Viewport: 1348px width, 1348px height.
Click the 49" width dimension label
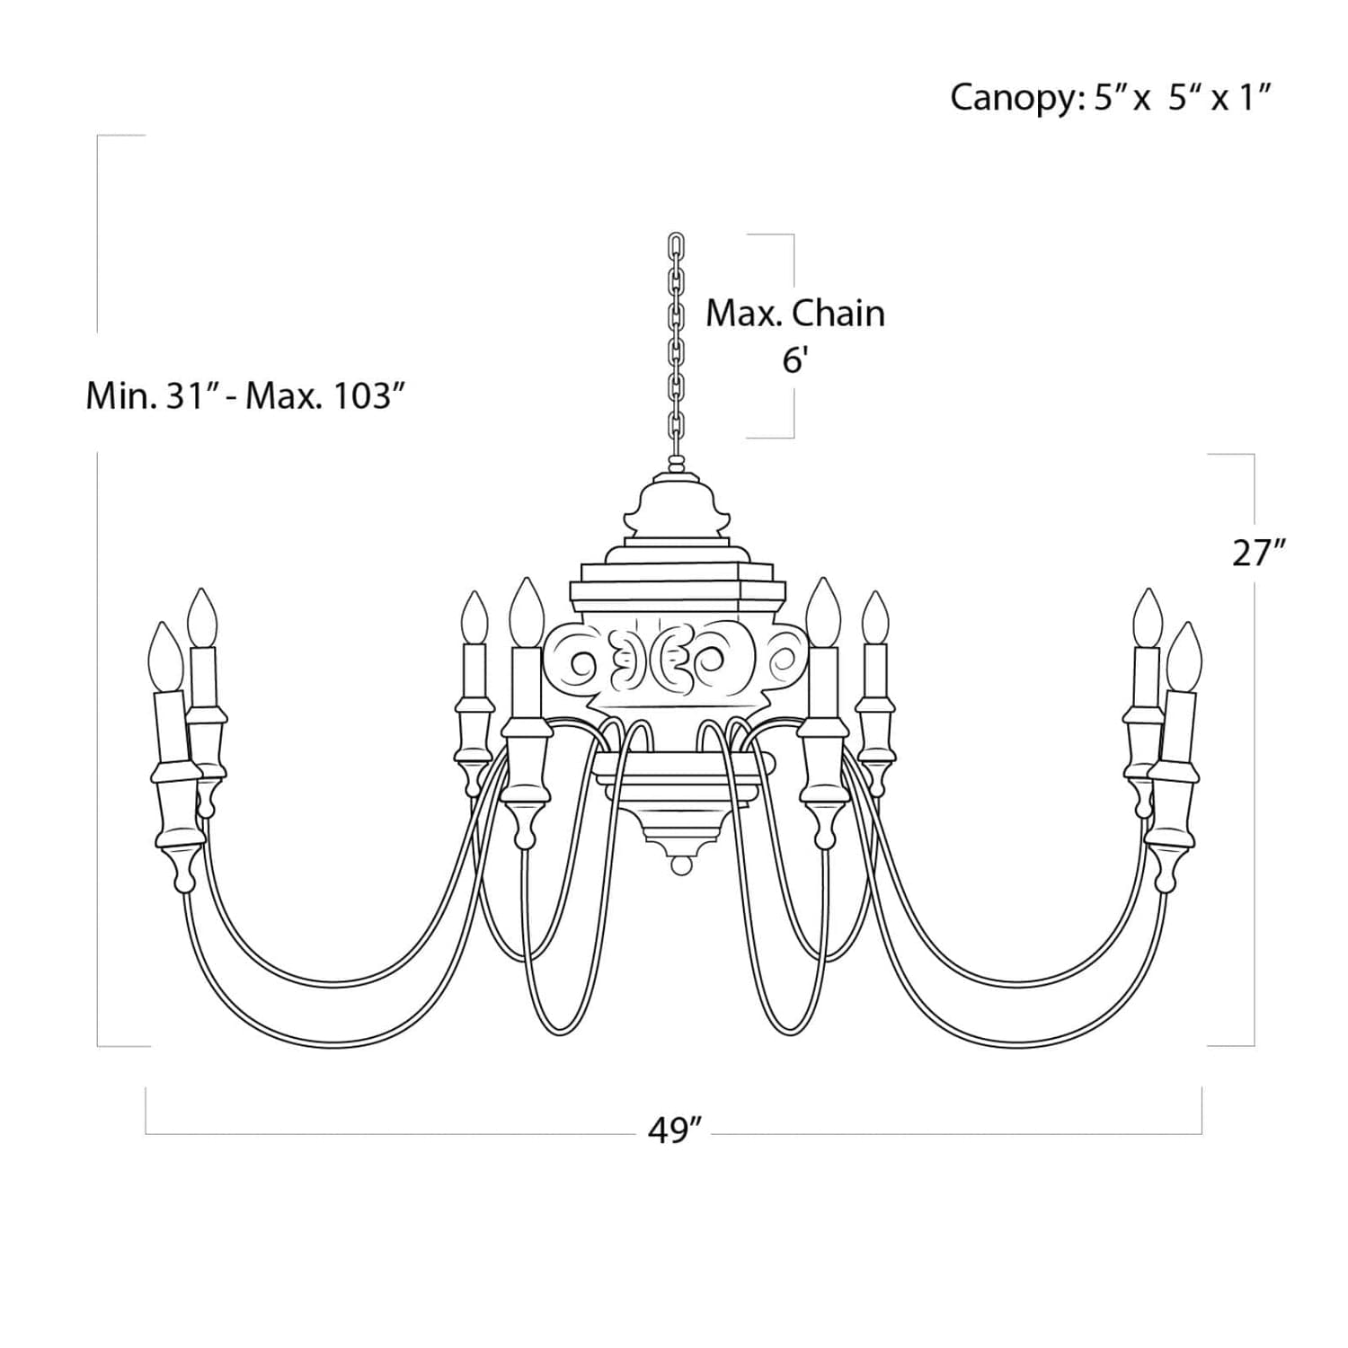point(673,1131)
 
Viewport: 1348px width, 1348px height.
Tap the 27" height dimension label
point(1259,554)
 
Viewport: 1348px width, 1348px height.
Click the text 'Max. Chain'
point(794,314)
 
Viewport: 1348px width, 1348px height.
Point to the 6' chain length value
point(794,361)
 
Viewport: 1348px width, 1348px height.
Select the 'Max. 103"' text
point(321,395)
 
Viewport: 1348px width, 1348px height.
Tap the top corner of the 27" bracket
point(1253,456)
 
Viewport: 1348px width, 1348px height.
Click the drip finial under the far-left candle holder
point(184,877)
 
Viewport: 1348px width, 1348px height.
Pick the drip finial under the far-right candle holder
point(1166,877)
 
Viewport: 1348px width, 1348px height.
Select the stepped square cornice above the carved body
point(677,576)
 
